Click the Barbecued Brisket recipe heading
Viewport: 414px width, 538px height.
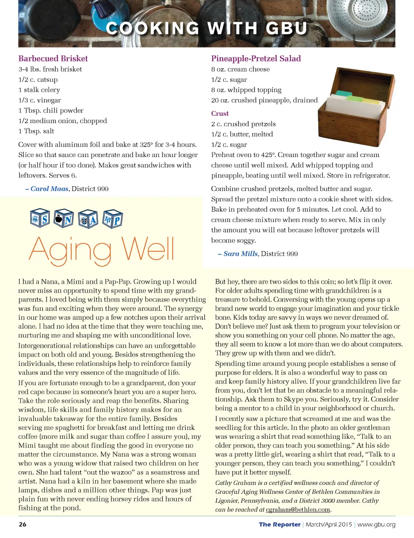coord(53,59)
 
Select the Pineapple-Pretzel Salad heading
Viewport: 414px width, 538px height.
coord(256,59)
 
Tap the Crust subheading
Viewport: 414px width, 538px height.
coord(220,114)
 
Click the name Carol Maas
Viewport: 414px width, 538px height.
coord(49,189)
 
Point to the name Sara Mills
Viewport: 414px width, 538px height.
coord(241,254)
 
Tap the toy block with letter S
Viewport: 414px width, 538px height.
coord(40,219)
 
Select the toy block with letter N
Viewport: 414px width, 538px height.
coord(64,219)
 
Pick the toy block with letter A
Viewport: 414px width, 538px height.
coord(88,219)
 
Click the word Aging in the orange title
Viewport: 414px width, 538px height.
coord(70,249)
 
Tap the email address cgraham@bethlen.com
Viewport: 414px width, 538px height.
coord(298,510)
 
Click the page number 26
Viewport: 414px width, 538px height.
coord(23,524)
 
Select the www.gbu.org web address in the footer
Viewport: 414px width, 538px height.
coord(376,525)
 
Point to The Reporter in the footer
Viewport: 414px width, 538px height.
coord(280,525)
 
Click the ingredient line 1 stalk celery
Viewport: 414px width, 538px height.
coord(39,90)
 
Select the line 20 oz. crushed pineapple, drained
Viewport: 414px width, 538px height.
coord(264,100)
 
